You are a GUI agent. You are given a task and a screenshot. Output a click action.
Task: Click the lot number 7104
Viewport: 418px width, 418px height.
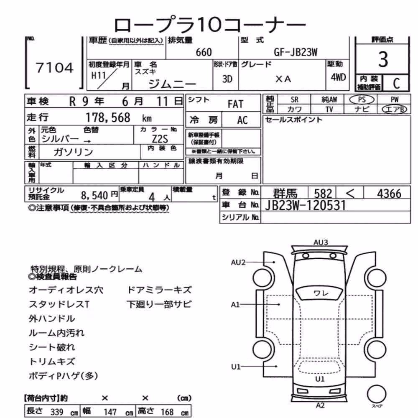[54, 68]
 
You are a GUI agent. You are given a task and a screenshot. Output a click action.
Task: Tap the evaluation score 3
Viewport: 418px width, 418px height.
[383, 59]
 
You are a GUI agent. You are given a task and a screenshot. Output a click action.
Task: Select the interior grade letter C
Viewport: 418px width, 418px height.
[396, 84]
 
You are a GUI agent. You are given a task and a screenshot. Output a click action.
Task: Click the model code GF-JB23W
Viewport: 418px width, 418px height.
[296, 52]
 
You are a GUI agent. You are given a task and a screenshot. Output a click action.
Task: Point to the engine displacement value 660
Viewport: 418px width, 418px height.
[204, 52]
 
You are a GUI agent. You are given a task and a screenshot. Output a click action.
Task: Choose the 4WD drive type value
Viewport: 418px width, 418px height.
[338, 77]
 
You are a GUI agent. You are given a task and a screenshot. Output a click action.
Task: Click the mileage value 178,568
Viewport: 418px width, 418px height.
[108, 117]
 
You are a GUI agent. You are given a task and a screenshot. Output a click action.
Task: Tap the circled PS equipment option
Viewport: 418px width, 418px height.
[362, 100]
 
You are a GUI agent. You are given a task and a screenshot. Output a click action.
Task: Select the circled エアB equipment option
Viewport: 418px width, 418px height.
[394, 109]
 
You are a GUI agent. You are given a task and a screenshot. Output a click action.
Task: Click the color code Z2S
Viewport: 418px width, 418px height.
[160, 139]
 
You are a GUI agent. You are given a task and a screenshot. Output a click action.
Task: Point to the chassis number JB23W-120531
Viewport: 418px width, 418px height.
[305, 206]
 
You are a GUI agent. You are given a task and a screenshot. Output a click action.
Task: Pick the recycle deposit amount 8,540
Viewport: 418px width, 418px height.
[94, 196]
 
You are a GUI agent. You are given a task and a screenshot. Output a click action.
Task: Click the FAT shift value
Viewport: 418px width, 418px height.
[235, 104]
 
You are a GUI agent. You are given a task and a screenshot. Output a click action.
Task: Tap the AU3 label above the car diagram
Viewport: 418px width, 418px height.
[321, 242]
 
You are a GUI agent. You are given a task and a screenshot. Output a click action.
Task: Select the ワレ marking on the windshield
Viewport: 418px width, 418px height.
[321, 293]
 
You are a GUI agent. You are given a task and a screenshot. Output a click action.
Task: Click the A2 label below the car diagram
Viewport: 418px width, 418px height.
[320, 405]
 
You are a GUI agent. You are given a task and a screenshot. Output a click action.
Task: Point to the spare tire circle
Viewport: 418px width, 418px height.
[377, 394]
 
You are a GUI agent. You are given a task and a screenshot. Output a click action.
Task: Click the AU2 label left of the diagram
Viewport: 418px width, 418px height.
[238, 263]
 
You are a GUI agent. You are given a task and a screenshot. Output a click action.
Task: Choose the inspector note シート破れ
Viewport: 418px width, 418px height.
[52, 347]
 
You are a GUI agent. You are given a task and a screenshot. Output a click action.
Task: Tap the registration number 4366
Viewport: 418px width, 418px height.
[389, 194]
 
